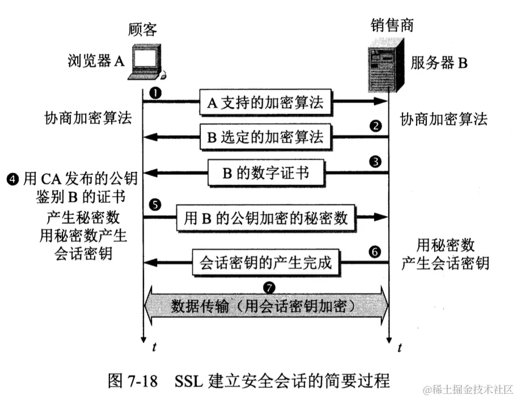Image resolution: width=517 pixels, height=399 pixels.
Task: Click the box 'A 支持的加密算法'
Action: (265, 103)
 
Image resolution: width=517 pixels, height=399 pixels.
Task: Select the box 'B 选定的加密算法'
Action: (265, 137)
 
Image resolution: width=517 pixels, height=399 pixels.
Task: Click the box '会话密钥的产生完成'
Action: (265, 263)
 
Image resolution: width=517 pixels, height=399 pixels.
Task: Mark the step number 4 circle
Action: (12, 180)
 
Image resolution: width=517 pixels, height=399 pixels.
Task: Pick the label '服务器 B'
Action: (439, 62)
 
